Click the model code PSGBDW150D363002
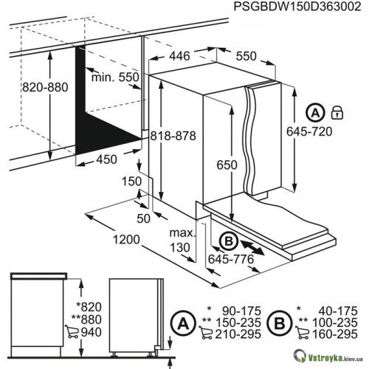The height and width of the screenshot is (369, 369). pyautogui.click(x=297, y=7)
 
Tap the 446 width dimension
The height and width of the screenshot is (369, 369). pyautogui.click(x=179, y=56)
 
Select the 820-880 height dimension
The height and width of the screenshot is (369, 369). pyautogui.click(x=45, y=87)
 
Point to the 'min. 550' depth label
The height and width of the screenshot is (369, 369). pyautogui.click(x=115, y=77)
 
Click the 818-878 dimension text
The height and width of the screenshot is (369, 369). pyautogui.click(x=173, y=136)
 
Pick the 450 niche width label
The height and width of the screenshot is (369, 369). pyautogui.click(x=106, y=159)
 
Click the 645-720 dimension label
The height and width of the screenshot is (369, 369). pyautogui.click(x=309, y=131)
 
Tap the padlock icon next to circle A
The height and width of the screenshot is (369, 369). pyautogui.click(x=337, y=113)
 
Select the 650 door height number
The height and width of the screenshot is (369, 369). pyautogui.click(x=227, y=165)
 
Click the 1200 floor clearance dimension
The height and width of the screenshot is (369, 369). pyautogui.click(x=126, y=239)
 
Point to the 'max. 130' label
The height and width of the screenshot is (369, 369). pyautogui.click(x=182, y=240)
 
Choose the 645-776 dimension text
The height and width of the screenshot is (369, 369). pyautogui.click(x=231, y=259)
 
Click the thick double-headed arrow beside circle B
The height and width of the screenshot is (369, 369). pyautogui.click(x=252, y=248)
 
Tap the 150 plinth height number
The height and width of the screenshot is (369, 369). pyautogui.click(x=132, y=182)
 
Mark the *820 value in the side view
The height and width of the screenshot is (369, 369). pyautogui.click(x=89, y=307)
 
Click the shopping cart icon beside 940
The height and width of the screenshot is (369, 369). pyautogui.click(x=72, y=331)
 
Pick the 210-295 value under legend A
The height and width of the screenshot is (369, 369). pyautogui.click(x=238, y=334)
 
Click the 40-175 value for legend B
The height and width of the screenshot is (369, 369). pyautogui.click(x=338, y=311)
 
